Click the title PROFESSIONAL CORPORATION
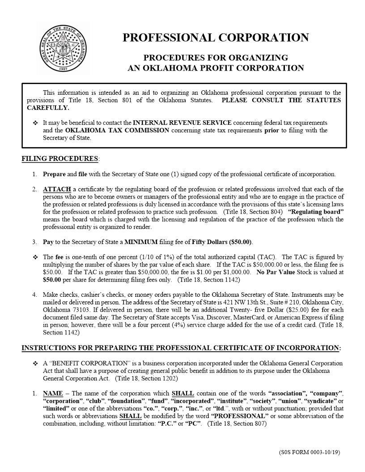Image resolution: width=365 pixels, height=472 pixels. (216, 38)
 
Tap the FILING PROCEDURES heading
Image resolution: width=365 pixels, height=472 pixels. (60, 159)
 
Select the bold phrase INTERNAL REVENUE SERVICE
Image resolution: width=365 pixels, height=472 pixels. (182, 122)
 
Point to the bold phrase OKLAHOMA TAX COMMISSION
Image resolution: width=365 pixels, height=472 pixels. (117, 131)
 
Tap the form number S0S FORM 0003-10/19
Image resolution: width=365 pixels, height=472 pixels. (309, 452)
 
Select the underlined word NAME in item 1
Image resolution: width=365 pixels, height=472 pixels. (53, 393)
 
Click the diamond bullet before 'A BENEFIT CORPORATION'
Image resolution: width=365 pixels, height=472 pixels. (35, 363)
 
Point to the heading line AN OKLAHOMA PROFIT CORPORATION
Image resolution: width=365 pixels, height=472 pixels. (216, 68)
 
